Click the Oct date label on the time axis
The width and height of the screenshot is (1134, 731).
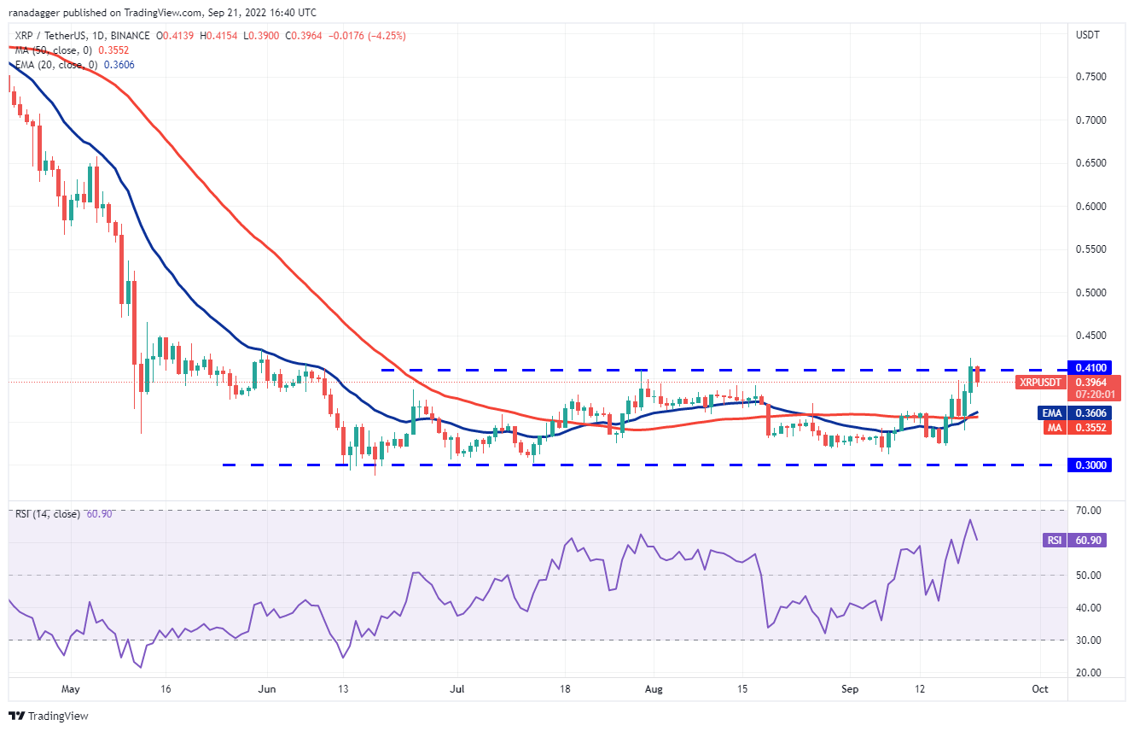pos(1040,687)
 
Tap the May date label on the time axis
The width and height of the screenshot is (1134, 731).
pos(70,687)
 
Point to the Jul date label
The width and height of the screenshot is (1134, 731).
pos(458,687)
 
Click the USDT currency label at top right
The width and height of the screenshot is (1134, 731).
pos(1088,35)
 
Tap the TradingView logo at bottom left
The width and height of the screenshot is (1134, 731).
pos(49,716)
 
